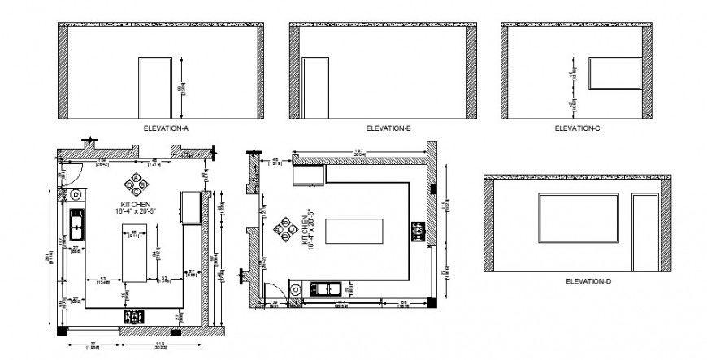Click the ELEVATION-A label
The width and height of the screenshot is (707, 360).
[166, 129]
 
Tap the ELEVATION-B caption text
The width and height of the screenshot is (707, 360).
[388, 129]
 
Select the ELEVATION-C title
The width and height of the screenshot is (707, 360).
[577, 129]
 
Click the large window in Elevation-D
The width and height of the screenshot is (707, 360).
[579, 219]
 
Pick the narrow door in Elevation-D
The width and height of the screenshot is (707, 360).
[644, 234]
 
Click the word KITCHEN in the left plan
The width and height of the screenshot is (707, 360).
[135, 203]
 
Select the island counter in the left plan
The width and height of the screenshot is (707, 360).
[135, 257]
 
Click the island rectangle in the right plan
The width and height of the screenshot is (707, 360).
[353, 231]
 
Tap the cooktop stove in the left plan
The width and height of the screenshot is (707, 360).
[132, 315]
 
